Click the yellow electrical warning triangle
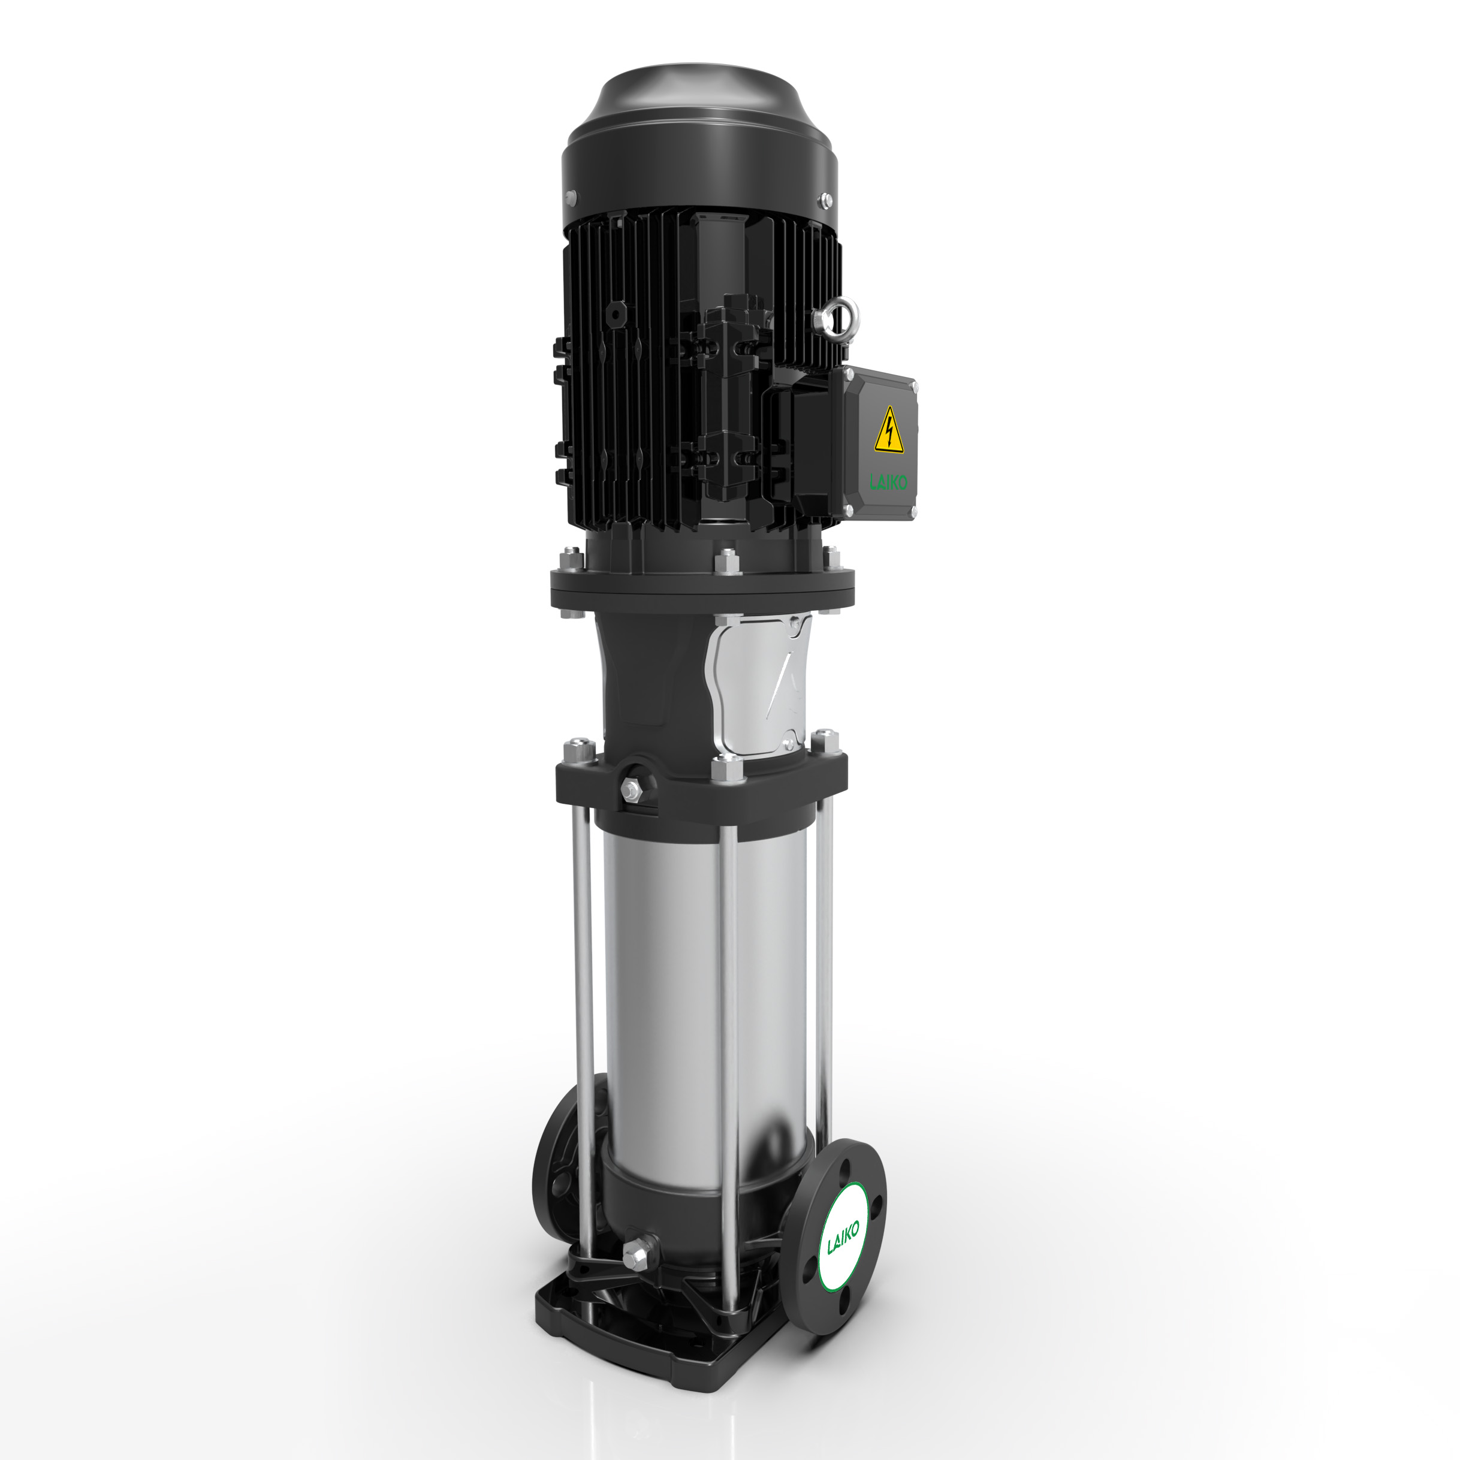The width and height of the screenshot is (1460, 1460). [889, 433]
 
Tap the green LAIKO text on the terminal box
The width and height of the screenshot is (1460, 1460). [889, 481]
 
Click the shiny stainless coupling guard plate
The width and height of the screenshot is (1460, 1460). [759, 684]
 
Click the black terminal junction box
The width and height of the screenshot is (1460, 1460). [877, 446]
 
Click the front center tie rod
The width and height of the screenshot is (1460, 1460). [727, 1058]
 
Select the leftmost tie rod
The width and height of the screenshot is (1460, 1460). [583, 1020]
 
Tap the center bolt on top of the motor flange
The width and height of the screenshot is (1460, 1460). [726, 562]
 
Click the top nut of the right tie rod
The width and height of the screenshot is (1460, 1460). [825, 739]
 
